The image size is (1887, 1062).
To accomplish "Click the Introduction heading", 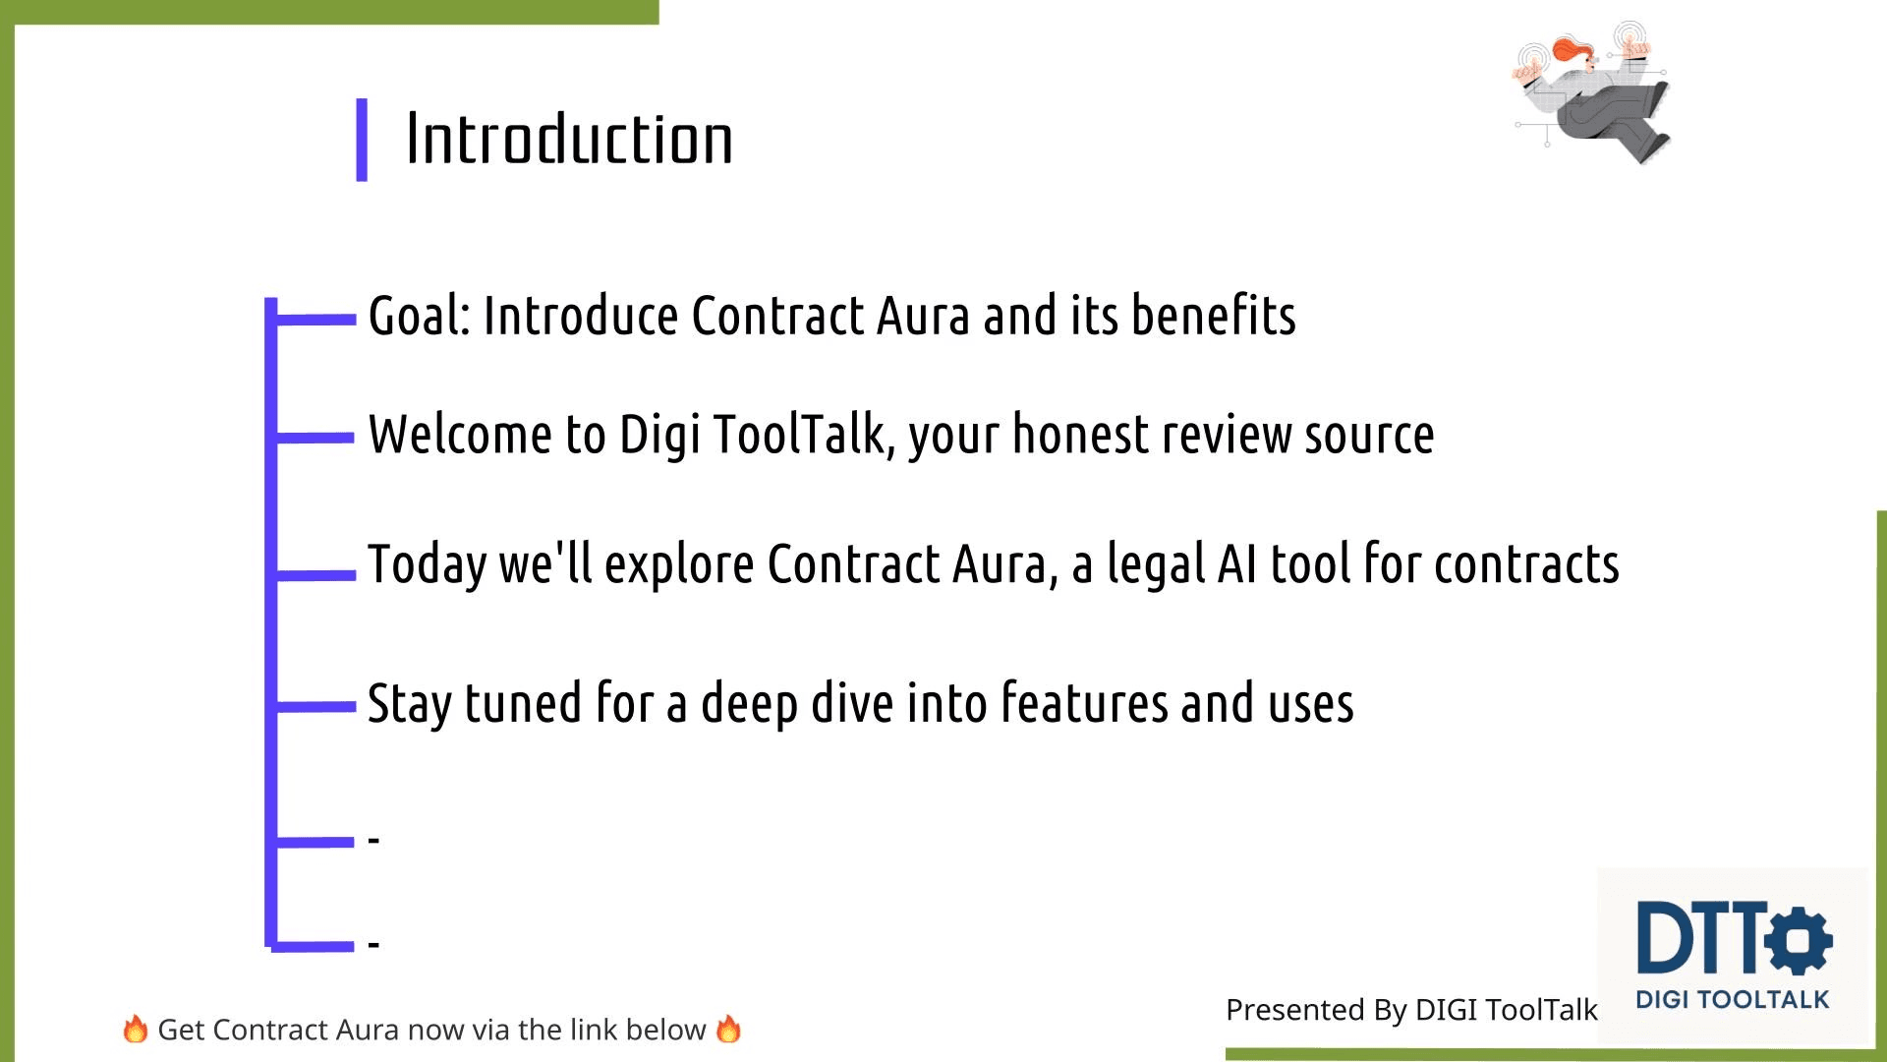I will tap(569, 140).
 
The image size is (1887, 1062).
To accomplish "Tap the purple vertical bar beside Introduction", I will tap(362, 140).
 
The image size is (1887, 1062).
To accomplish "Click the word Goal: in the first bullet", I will tap(420, 317).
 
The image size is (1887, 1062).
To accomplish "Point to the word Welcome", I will tap(460, 435).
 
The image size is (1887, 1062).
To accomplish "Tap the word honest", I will tap(1080, 435).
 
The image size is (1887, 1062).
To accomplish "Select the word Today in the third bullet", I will tap(427, 564).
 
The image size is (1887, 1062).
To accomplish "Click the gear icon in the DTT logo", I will tap(1799, 939).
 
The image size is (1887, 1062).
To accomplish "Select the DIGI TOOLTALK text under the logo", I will tap(1732, 1000).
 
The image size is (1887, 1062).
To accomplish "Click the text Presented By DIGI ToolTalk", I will tap(1411, 1010).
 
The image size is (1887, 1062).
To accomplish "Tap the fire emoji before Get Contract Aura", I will tap(135, 1030).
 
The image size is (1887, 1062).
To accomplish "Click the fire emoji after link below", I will tap(728, 1030).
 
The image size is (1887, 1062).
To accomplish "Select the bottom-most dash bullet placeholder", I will tap(373, 944).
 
